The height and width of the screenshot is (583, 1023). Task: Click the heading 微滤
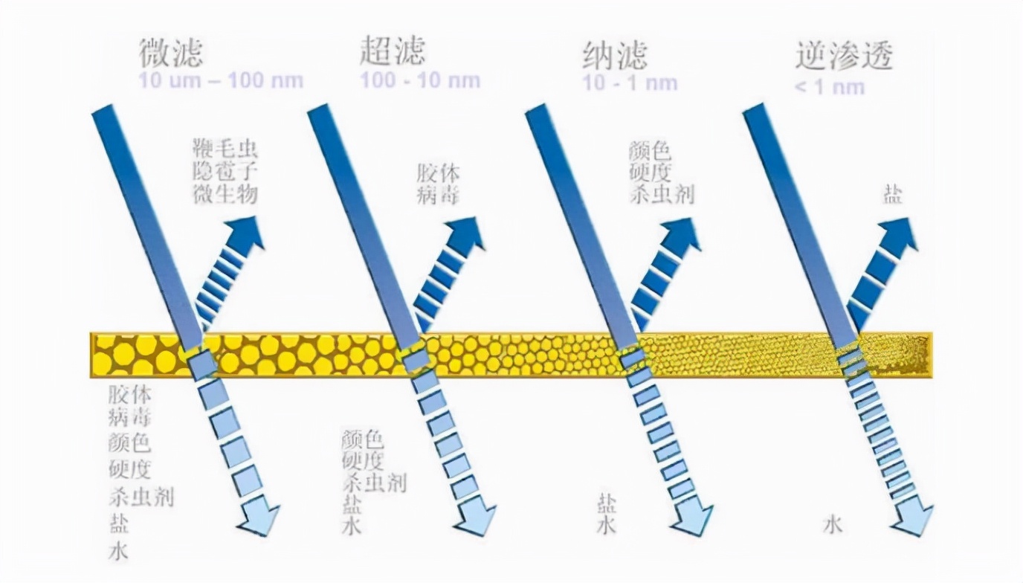coord(170,54)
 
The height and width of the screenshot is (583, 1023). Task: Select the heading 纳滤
coord(615,54)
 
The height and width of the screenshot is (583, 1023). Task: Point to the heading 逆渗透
coord(844,54)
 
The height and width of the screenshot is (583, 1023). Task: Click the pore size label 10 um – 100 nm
coord(221,80)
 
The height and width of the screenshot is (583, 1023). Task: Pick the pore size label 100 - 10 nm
coord(420,80)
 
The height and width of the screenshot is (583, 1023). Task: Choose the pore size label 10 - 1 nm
coord(630,82)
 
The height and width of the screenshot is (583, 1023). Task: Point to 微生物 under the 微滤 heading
coord(224,195)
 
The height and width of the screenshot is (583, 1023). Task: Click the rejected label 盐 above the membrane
coord(893,195)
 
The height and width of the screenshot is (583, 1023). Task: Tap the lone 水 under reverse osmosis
coord(833,525)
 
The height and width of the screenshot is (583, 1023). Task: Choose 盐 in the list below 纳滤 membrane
coord(606,504)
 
